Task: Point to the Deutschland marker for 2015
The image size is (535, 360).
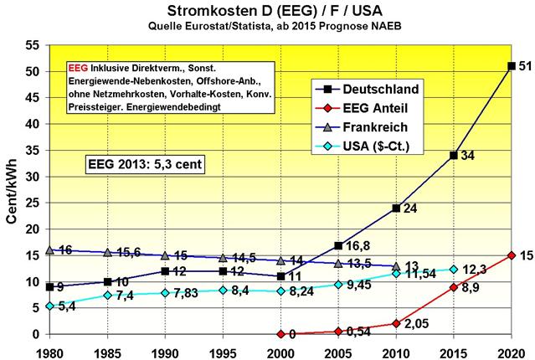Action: [x=453, y=155]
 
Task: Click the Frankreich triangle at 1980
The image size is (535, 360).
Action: [x=50, y=249]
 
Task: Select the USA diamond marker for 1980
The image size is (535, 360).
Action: [x=50, y=306]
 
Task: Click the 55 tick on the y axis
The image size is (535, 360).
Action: [x=33, y=46]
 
